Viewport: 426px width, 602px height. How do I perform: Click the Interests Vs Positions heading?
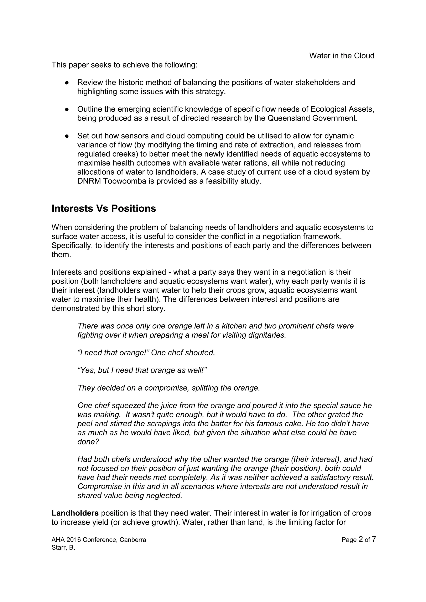click(x=104, y=209)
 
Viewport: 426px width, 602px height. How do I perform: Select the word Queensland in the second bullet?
click(x=289, y=118)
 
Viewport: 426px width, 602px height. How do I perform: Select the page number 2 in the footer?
click(x=361, y=539)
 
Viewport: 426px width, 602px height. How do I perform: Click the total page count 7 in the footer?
click(x=374, y=539)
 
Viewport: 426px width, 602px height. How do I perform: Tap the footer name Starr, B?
click(x=63, y=548)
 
